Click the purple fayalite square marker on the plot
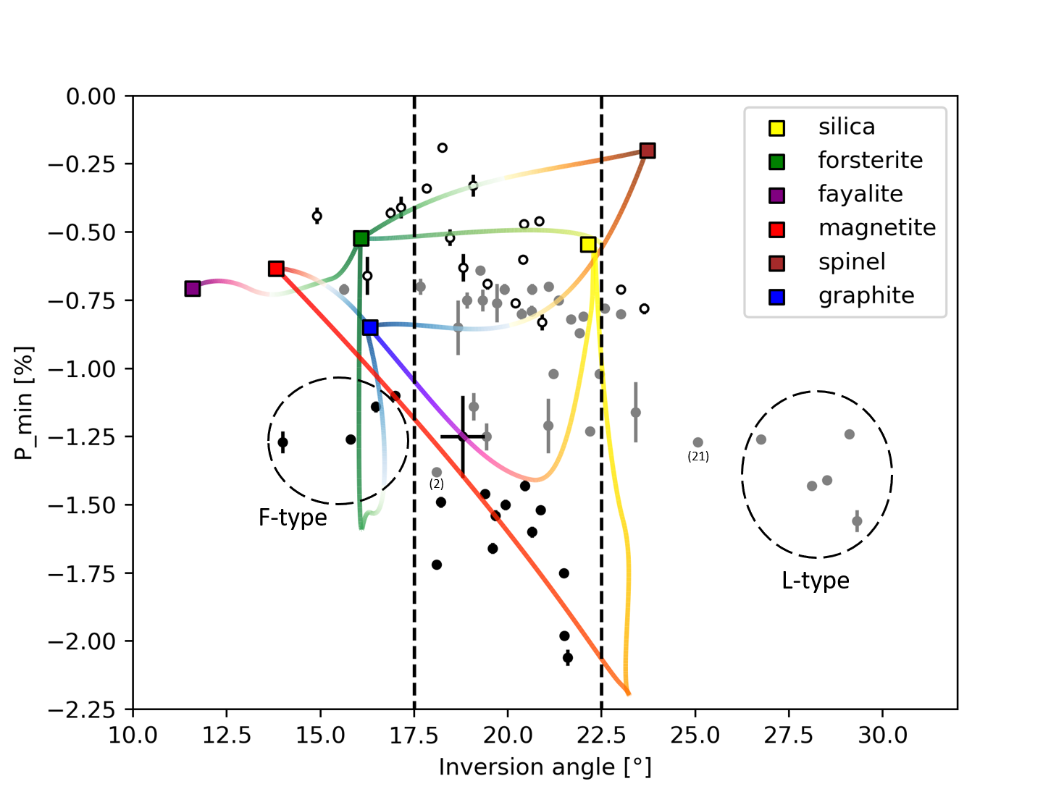click(x=192, y=289)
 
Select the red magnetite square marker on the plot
click(x=276, y=269)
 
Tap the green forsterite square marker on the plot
click(x=361, y=239)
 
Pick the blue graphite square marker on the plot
click(x=370, y=328)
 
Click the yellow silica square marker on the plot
click(x=588, y=245)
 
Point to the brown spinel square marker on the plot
click(x=648, y=151)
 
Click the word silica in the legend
click(x=846, y=127)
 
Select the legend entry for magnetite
click(x=876, y=228)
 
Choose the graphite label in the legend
click(x=866, y=295)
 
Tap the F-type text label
click(x=293, y=518)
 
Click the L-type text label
click(x=815, y=581)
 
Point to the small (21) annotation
click(x=698, y=457)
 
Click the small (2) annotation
click(x=436, y=484)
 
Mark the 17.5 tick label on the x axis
click(x=414, y=736)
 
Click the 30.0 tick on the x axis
click(x=882, y=736)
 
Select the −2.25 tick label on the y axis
click(x=81, y=709)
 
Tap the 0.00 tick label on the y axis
click(x=91, y=96)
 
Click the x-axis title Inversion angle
click(x=545, y=767)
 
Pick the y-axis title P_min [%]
click(x=24, y=402)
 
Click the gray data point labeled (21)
click(x=698, y=442)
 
